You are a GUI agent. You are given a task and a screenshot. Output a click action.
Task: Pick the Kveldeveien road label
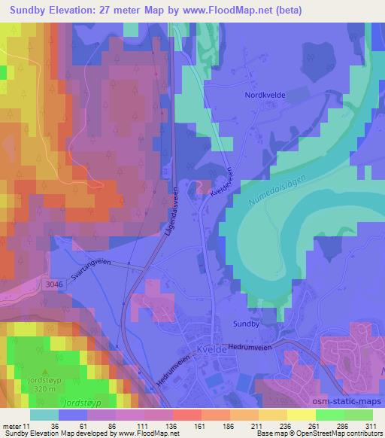[x=218, y=182]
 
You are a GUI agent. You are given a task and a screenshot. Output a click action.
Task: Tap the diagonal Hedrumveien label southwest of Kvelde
[x=174, y=369]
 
